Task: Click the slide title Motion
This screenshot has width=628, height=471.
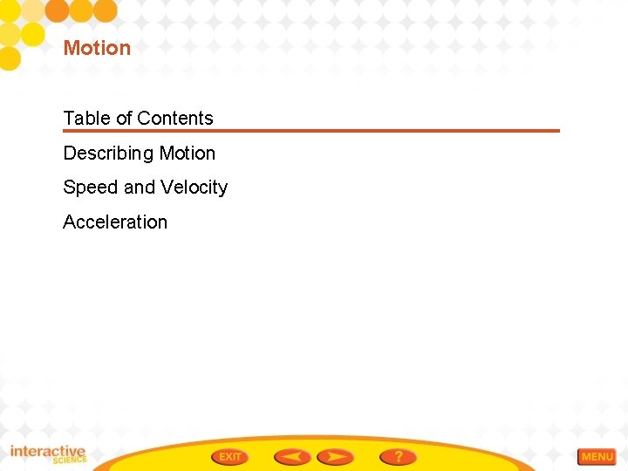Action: pyautogui.click(x=97, y=48)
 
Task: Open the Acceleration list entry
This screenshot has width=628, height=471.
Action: pyautogui.click(x=115, y=222)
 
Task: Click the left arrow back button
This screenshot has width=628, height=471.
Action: pyautogui.click(x=291, y=457)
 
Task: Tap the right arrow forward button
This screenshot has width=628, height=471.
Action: pyautogui.click(x=335, y=457)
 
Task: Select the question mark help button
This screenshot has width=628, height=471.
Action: pyautogui.click(x=398, y=457)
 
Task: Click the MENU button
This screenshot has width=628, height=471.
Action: pyautogui.click(x=597, y=457)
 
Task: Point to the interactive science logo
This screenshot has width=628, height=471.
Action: pyautogui.click(x=48, y=454)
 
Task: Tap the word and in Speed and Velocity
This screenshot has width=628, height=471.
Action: pyautogui.click(x=139, y=188)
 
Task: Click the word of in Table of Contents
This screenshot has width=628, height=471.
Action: pyautogui.click(x=124, y=119)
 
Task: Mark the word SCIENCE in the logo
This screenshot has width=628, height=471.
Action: pyautogui.click(x=70, y=461)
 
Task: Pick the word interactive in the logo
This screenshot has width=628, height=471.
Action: pyautogui.click(x=48, y=451)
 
